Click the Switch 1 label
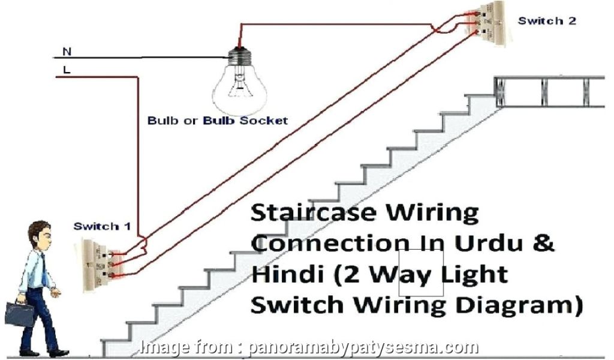tap(101, 227)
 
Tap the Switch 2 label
tap(547, 20)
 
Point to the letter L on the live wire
tap(66, 69)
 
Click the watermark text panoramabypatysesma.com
tap(362, 347)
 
